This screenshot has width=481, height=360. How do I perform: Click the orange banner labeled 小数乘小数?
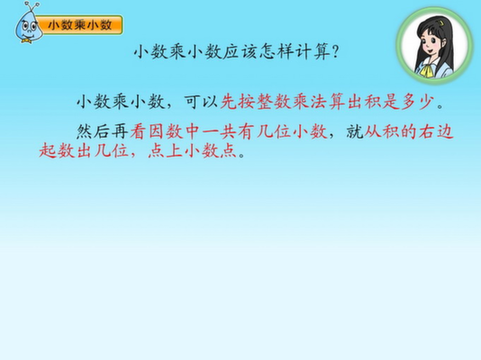(80, 25)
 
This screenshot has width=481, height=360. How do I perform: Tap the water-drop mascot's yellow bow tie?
(26, 40)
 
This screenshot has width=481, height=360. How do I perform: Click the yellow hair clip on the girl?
(440, 23)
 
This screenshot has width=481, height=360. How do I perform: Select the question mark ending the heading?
(336, 52)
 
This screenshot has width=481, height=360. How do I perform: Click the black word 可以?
(201, 102)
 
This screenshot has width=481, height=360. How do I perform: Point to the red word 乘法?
(310, 102)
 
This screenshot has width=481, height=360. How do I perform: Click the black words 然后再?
(103, 131)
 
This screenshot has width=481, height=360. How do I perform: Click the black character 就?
(355, 131)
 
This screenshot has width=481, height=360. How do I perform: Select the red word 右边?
(437, 131)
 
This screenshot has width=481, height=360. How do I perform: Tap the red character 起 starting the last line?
(48, 150)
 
